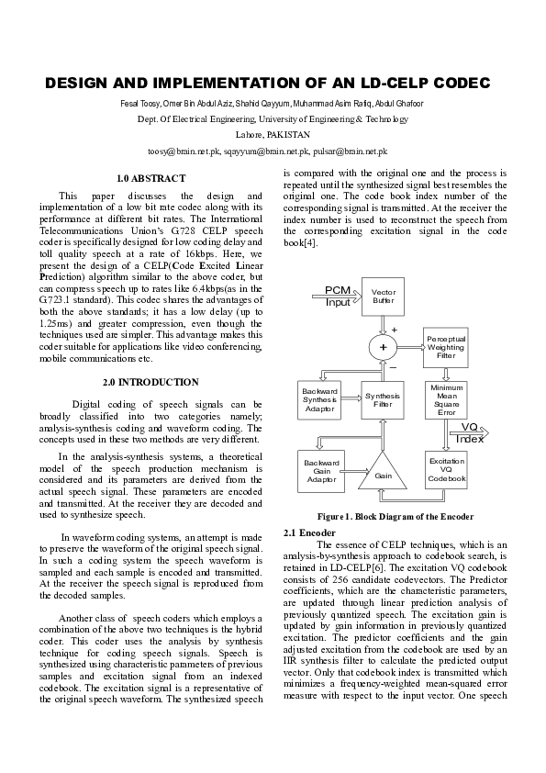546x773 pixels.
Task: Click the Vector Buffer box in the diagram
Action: coord(383,297)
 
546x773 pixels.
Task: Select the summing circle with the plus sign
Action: coord(383,347)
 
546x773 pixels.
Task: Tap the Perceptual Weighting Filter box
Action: coord(446,346)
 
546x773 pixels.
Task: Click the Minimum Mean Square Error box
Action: coord(446,401)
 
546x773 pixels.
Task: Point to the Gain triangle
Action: coord(383,472)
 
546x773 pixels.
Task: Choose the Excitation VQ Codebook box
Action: coord(446,470)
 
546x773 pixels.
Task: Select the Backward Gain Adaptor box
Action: coord(321,470)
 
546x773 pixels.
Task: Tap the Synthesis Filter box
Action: coord(383,401)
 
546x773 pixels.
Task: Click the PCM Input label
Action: coord(339,297)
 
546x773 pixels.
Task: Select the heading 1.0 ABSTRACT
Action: coord(151,178)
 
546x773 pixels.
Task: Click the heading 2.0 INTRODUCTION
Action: coord(150,382)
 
